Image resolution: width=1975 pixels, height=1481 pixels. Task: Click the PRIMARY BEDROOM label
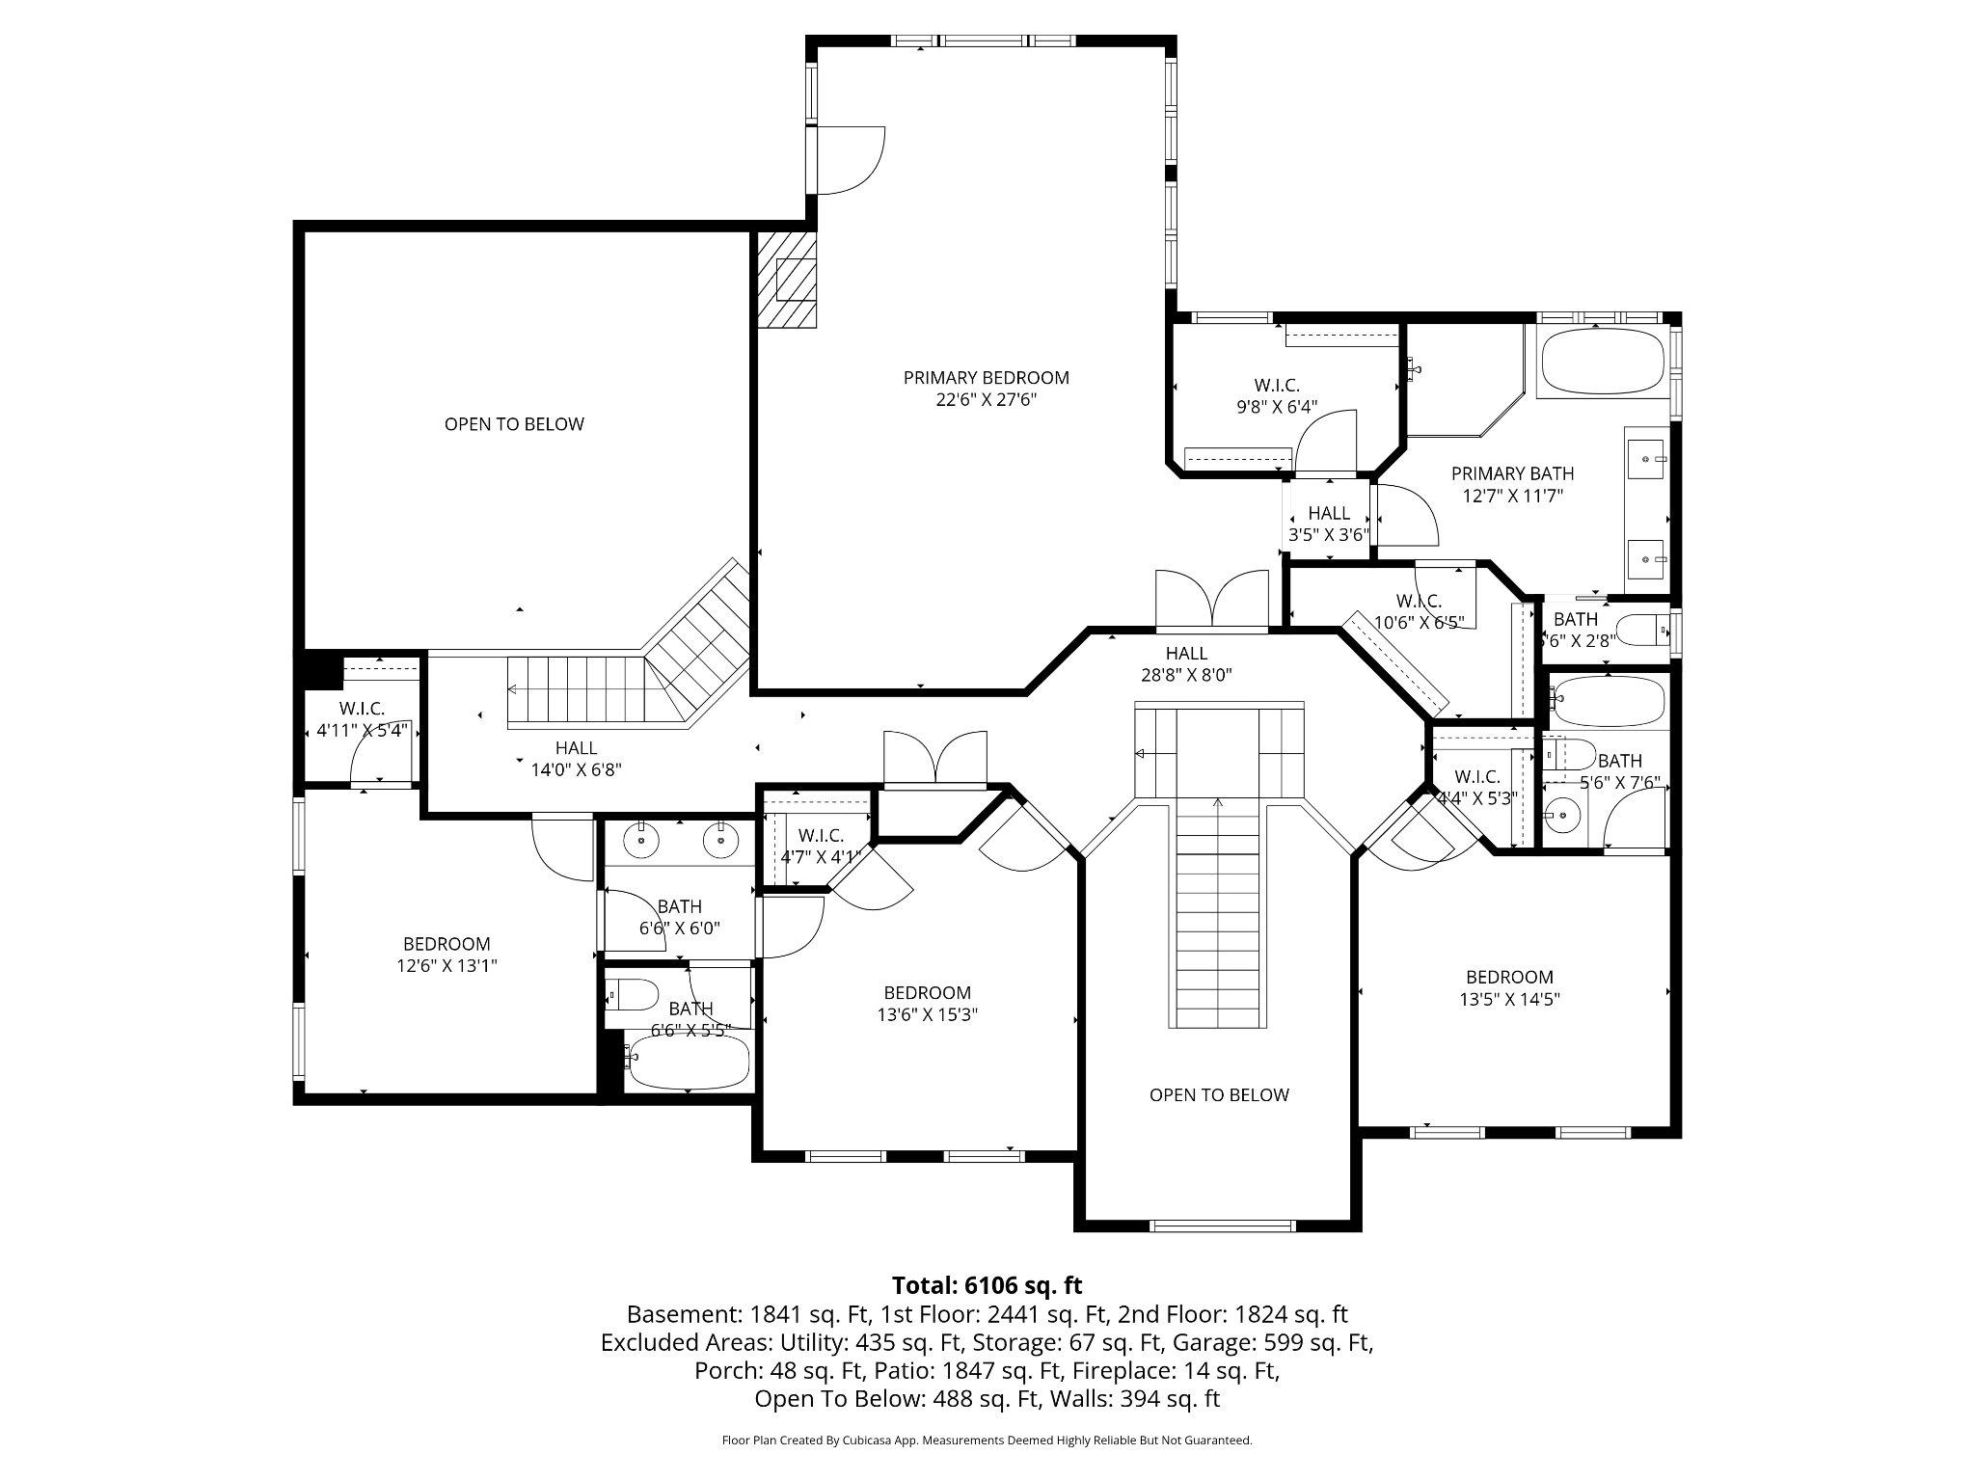pos(986,378)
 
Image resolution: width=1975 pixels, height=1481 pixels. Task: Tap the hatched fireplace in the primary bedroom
pos(785,281)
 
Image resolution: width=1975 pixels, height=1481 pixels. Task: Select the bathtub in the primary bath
pos(1602,362)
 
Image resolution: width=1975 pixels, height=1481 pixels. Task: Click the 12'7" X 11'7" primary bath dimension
pos(1512,497)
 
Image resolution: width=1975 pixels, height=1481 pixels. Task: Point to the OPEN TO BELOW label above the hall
pos(514,424)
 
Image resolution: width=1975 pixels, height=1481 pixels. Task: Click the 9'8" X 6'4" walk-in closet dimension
pos(1277,407)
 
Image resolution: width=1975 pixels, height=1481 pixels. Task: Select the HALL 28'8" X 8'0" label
pos(1186,664)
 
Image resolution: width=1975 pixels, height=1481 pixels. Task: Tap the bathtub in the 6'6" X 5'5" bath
pos(687,1062)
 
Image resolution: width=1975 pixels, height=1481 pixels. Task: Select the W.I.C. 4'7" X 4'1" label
pos(821,846)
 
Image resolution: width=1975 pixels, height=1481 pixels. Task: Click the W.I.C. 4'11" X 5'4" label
pos(362,719)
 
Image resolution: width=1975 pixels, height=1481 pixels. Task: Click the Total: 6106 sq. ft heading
pos(987,1285)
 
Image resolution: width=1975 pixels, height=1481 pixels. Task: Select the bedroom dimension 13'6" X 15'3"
pos(927,1014)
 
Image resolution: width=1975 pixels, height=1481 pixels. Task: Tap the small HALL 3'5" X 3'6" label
pos(1329,524)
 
